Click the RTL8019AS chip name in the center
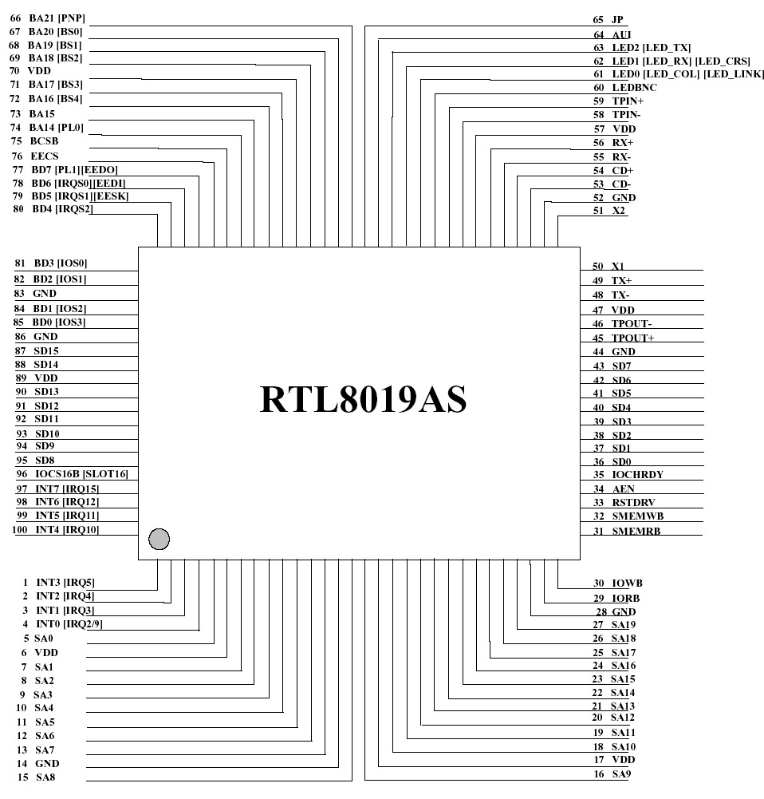[363, 399]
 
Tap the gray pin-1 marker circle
[159, 539]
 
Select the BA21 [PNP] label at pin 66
[57, 18]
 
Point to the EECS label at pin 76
[45, 156]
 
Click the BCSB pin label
[44, 141]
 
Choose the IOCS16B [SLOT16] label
[81, 474]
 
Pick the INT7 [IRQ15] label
[67, 488]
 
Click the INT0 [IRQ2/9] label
[69, 623]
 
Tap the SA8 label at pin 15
[45, 777]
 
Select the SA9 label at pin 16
[621, 774]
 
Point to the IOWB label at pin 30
[627, 583]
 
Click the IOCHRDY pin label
[638, 474]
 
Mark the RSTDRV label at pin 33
[634, 502]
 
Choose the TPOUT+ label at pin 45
[632, 338]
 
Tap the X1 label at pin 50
[618, 266]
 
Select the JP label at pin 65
[617, 20]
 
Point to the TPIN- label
[626, 115]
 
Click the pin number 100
[19, 530]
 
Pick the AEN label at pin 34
[623, 489]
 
